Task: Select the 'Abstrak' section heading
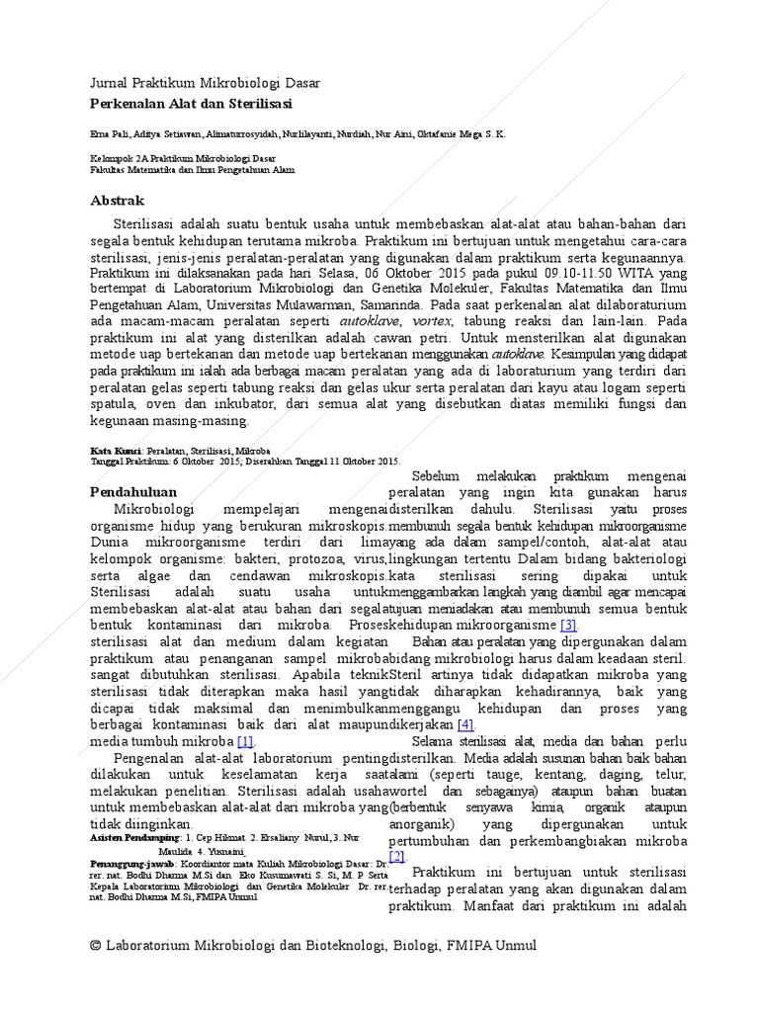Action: [118, 200]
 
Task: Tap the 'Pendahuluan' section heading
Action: [133, 492]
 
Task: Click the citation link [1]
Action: [245, 741]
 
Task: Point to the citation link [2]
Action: [397, 856]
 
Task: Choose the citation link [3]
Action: [568, 626]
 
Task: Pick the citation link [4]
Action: [465, 724]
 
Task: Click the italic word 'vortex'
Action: [433, 322]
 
